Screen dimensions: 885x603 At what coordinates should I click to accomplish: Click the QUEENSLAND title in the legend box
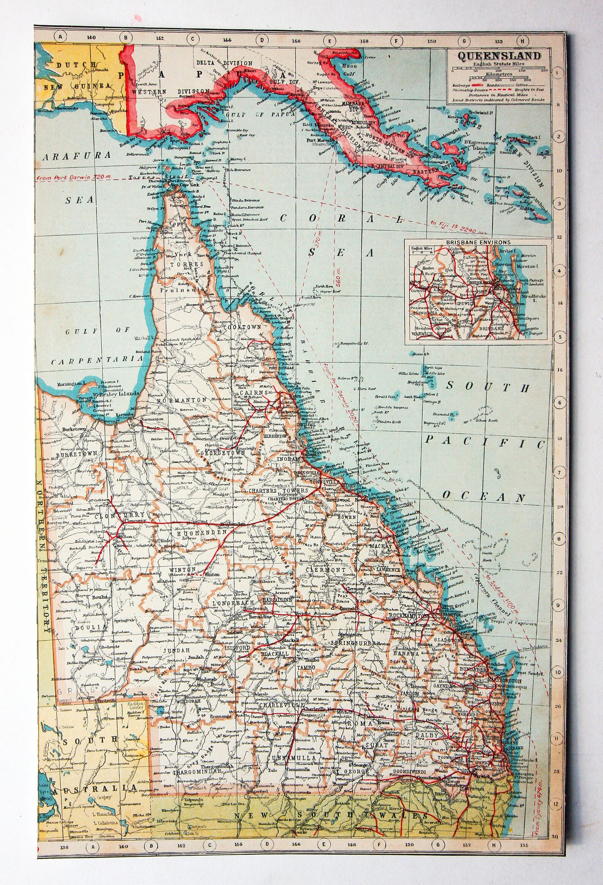(499, 56)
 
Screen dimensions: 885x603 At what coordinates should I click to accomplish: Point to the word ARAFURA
(77, 155)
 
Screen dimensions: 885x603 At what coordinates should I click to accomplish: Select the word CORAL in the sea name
(341, 219)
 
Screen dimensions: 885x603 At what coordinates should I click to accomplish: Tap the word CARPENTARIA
(97, 360)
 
